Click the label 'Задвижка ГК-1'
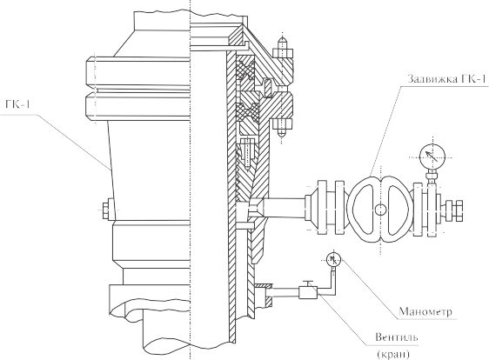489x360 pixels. pyautogui.click(x=446, y=79)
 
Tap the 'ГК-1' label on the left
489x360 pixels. pyautogui.click(x=17, y=103)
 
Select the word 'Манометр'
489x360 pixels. pyautogui.click(x=425, y=311)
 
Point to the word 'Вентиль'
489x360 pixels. pyautogui.click(x=397, y=337)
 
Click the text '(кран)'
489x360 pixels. pyautogui.click(x=393, y=355)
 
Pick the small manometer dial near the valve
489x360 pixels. pyautogui.click(x=334, y=259)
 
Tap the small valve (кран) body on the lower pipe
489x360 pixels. pyautogui.click(x=308, y=292)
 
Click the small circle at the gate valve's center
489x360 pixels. pyautogui.click(x=380, y=210)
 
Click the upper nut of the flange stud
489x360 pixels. pyautogui.click(x=282, y=53)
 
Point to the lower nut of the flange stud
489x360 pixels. pyautogui.click(x=282, y=124)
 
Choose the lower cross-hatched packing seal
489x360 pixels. pyautogui.click(x=248, y=111)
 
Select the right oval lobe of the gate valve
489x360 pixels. pyautogui.click(x=397, y=210)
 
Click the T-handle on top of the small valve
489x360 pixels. pyautogui.click(x=309, y=283)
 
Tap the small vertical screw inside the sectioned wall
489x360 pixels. pyautogui.click(x=247, y=153)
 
